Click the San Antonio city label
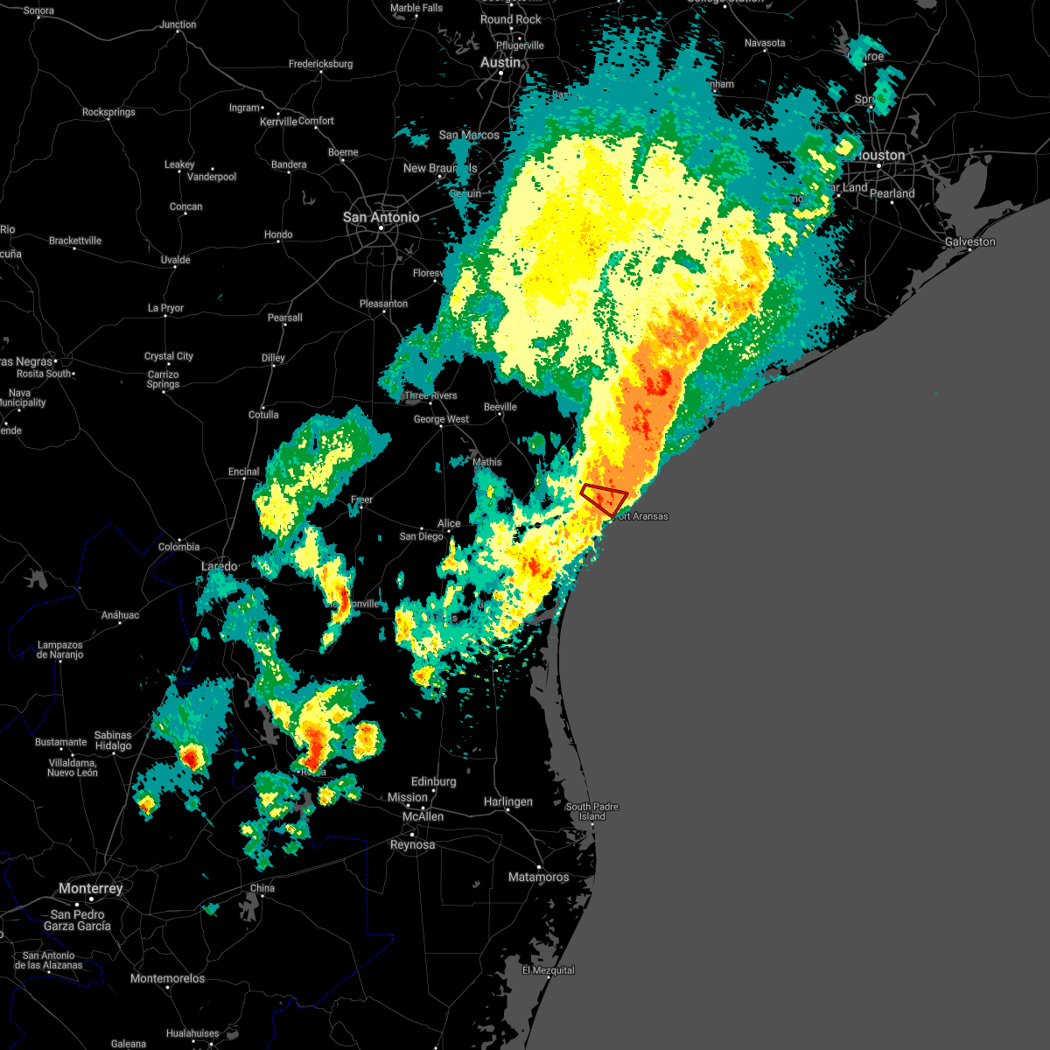point(381,217)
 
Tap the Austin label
point(500,63)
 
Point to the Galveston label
point(969,241)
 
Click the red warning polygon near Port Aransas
point(605,499)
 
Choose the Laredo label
point(219,567)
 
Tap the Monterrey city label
point(91,888)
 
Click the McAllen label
point(423,816)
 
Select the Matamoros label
point(538,877)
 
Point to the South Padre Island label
point(591,811)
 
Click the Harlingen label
point(507,801)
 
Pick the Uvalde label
point(175,260)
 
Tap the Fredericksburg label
point(320,64)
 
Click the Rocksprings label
point(108,112)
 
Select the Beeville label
point(500,407)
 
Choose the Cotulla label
point(263,415)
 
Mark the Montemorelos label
point(167,978)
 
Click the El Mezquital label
point(549,970)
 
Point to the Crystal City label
point(169,356)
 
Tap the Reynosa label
point(412,844)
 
